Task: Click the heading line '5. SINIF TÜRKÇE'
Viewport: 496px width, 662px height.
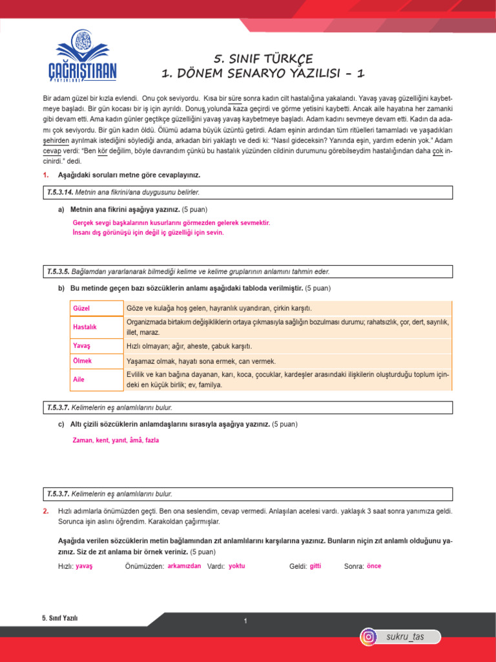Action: coord(262,59)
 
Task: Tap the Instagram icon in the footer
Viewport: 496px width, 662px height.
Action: coord(368,637)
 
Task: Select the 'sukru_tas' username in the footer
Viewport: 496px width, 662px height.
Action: coord(405,637)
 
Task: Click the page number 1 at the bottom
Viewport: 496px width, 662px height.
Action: coord(246,621)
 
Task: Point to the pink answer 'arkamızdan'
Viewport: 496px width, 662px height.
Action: coord(184,566)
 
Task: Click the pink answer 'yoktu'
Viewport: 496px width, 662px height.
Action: coord(237,566)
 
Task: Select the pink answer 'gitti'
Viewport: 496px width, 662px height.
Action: coord(315,566)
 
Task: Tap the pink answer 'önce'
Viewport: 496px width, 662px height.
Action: coord(373,566)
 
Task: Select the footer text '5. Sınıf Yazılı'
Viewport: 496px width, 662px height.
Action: coord(59,618)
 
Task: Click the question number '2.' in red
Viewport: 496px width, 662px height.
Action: coord(46,511)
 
